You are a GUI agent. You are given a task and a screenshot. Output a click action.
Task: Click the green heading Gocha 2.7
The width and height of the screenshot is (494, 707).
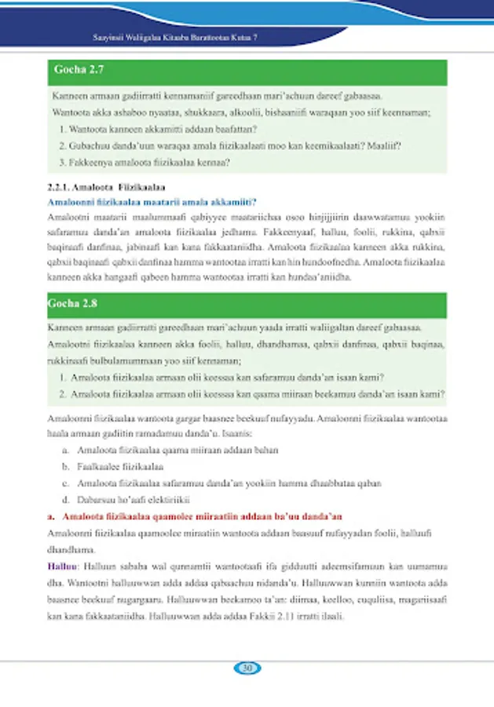pyautogui.click(x=78, y=71)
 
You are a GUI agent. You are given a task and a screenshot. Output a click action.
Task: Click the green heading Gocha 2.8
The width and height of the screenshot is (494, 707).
pyautogui.click(x=78, y=302)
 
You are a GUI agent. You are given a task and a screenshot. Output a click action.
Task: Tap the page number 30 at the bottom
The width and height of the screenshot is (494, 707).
pyautogui.click(x=247, y=669)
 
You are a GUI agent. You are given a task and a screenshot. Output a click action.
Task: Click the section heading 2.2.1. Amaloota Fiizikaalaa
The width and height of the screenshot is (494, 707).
pyautogui.click(x=105, y=189)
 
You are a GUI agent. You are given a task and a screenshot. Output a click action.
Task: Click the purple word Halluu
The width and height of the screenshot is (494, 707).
pyautogui.click(x=60, y=566)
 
